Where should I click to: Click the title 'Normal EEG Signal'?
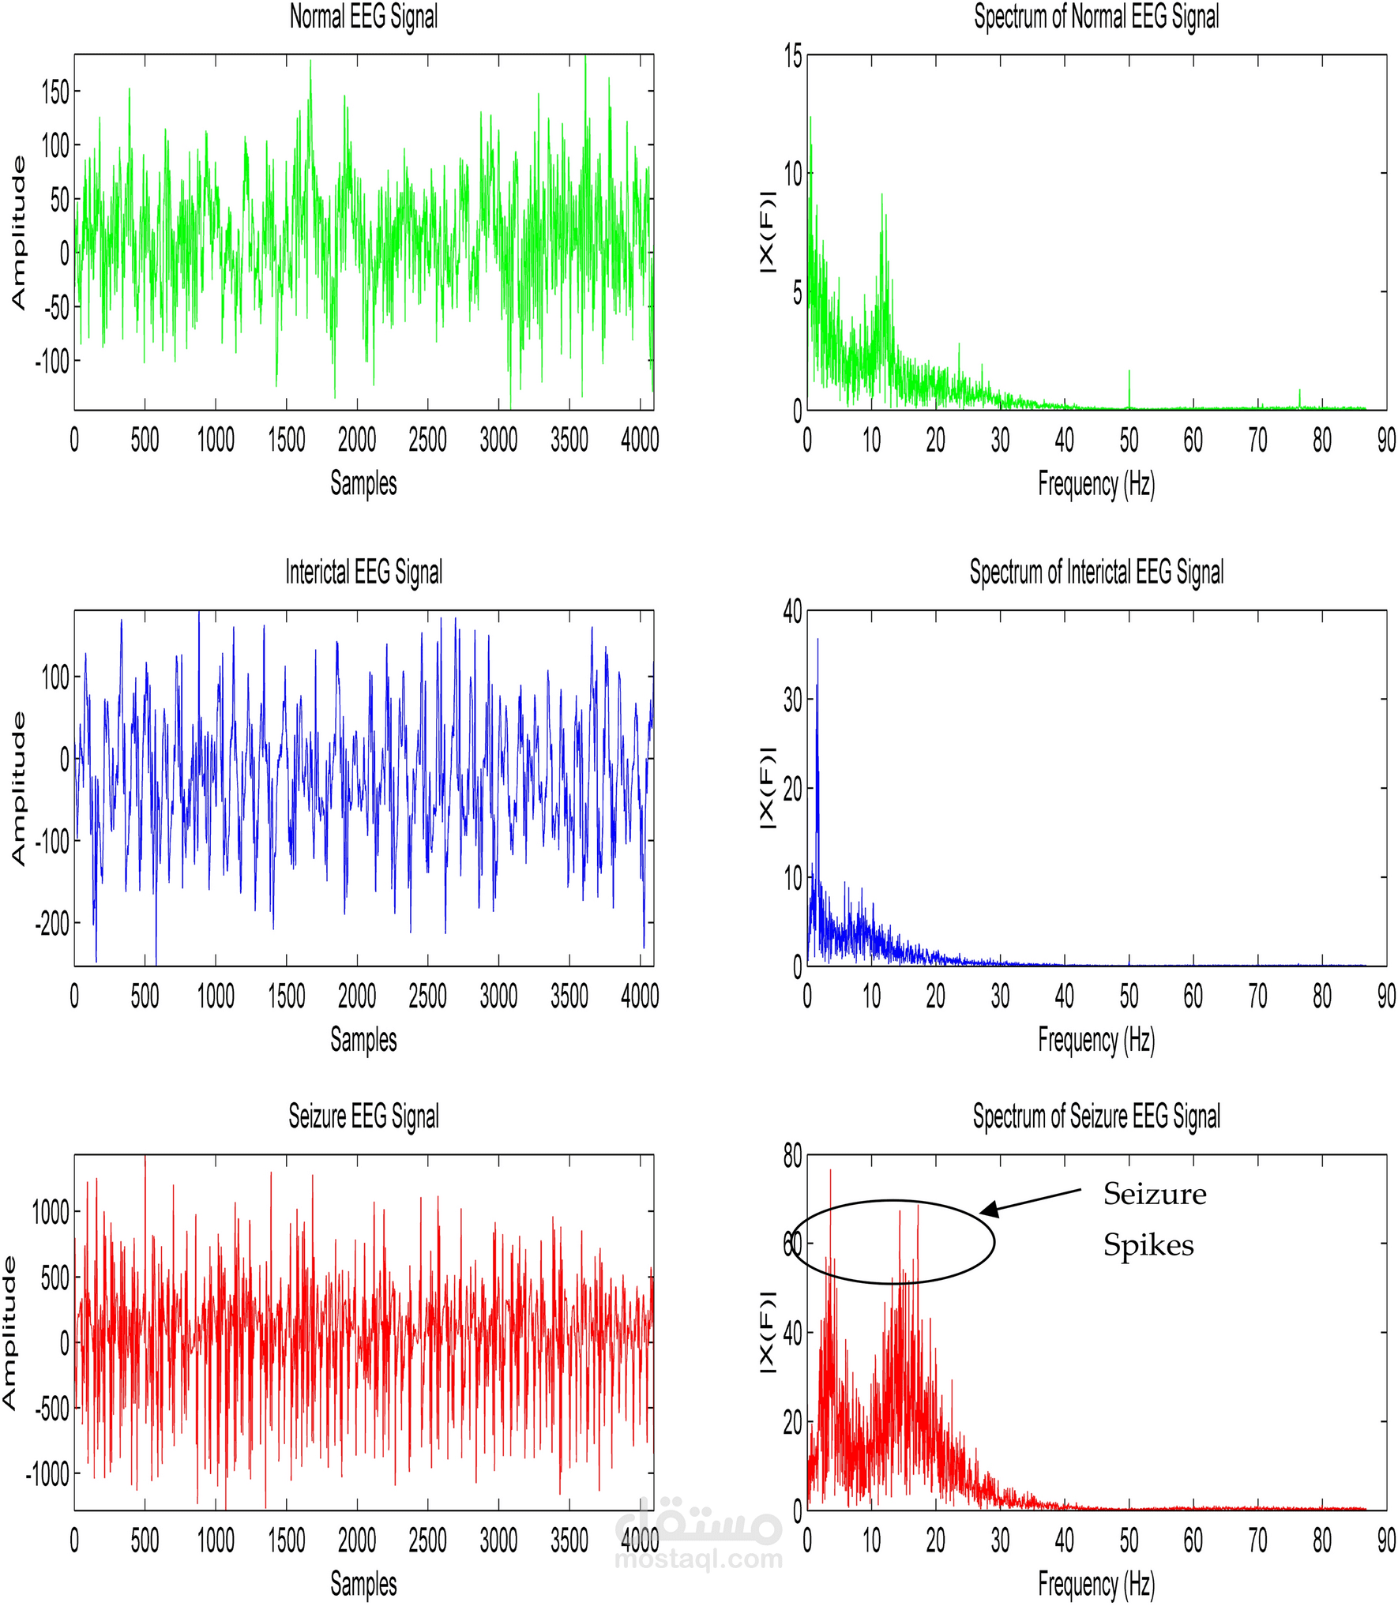coord(363,17)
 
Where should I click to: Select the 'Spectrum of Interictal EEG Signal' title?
coord(1096,572)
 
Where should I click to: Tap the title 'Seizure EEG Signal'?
coord(363,1116)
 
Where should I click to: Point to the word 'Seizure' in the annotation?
coord(1154,1194)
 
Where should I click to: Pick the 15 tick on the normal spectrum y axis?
coord(792,57)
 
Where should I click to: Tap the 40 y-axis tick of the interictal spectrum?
coord(792,612)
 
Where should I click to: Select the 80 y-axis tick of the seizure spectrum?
coord(792,1157)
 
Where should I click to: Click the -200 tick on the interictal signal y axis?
coord(52,923)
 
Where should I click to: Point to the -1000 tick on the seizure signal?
coord(47,1473)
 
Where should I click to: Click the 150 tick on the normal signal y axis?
coord(55,92)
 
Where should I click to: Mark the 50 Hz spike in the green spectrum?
coord(1129,387)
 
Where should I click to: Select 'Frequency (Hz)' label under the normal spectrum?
coord(1096,484)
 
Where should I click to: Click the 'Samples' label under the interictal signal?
coord(363,1039)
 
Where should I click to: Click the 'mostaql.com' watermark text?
coord(698,1559)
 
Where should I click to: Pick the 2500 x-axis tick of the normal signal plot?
coord(427,440)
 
